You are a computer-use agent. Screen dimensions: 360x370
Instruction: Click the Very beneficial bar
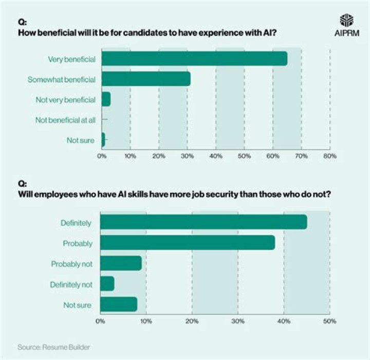(194, 59)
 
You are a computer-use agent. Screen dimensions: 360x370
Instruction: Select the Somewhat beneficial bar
(146, 79)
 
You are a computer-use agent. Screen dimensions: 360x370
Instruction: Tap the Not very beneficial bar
(106, 99)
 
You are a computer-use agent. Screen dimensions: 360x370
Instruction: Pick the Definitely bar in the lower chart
(203, 222)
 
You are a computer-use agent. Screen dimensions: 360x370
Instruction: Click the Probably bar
(187, 243)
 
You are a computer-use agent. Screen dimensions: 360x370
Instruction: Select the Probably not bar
(121, 263)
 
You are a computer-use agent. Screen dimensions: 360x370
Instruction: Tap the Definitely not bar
(107, 284)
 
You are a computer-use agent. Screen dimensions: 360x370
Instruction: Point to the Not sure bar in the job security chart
(119, 304)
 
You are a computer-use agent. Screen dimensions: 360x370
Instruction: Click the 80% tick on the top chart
(329, 155)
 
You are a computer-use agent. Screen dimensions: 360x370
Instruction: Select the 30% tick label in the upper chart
(187, 155)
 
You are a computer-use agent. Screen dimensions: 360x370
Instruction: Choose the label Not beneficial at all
(65, 120)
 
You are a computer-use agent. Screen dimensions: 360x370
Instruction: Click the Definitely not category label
(70, 284)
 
